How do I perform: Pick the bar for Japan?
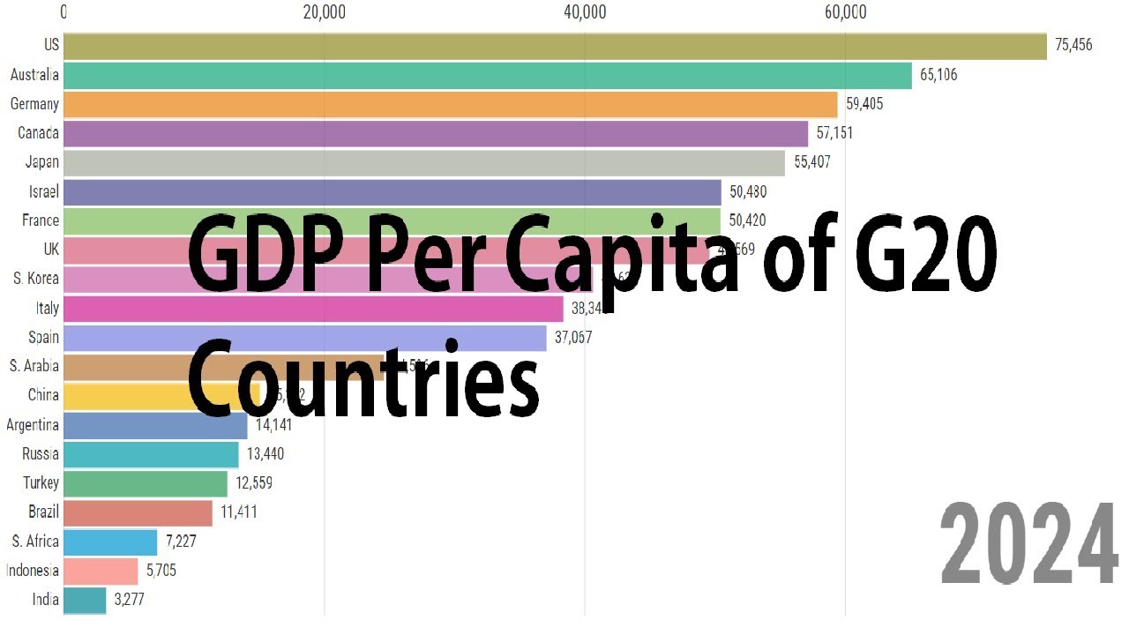pos(423,163)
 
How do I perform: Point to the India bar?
pos(85,601)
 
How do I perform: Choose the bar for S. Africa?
pos(110,542)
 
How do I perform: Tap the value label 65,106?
pos(938,75)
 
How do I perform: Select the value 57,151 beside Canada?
pos(834,133)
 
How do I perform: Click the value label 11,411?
pos(239,512)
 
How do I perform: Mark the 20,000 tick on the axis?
pos(324,11)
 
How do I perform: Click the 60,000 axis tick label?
pos(845,11)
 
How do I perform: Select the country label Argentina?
pos(33,425)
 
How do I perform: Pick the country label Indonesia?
pos(33,571)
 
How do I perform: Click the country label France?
pos(41,220)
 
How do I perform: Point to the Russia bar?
pos(151,454)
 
